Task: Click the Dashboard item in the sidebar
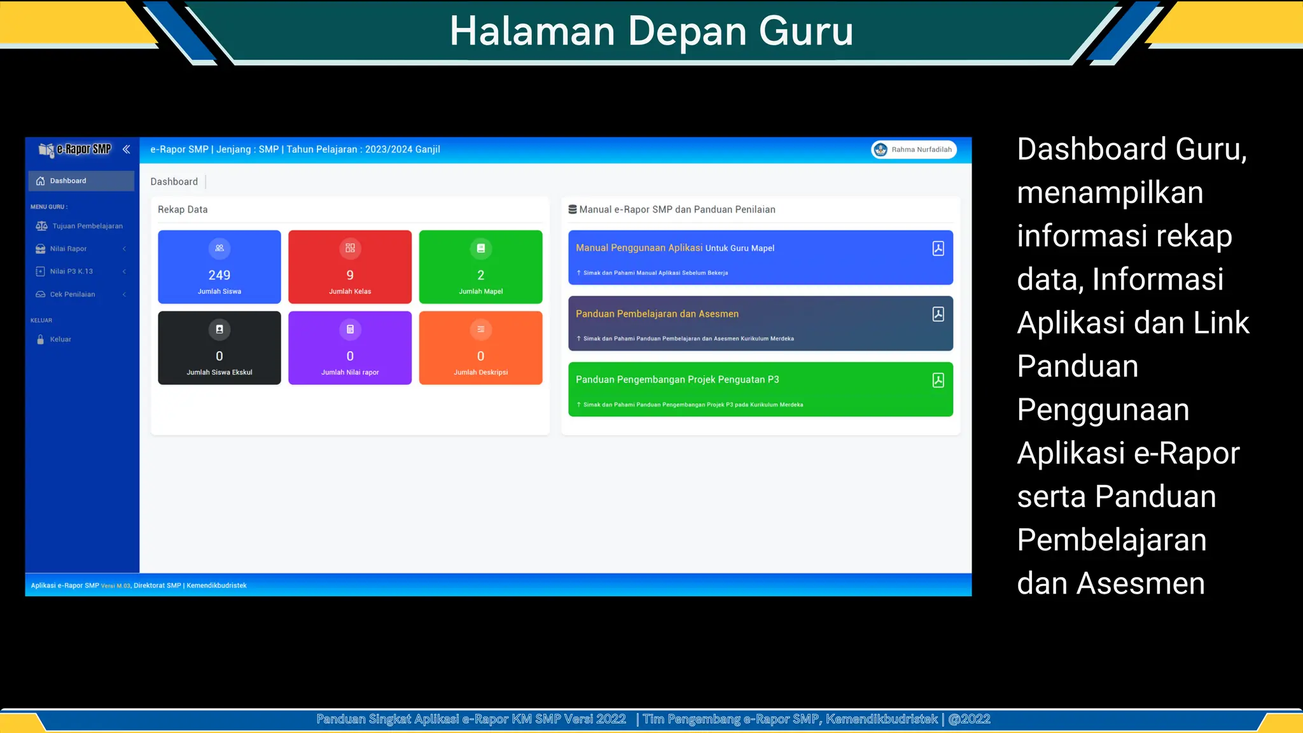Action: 68,181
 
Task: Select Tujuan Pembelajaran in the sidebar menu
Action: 87,226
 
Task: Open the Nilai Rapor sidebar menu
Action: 68,249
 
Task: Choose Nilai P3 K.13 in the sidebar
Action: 71,271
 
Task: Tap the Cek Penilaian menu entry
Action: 73,294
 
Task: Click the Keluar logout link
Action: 60,339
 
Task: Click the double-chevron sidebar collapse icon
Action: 126,149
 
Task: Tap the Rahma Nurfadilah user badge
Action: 914,150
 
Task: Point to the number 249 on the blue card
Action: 219,275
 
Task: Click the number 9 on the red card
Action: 350,275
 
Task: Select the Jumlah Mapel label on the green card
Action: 480,291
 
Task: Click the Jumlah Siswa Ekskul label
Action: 219,372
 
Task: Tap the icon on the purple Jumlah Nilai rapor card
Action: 350,329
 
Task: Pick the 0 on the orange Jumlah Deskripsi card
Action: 480,356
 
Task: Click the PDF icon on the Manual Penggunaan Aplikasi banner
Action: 938,248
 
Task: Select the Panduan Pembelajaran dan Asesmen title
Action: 657,314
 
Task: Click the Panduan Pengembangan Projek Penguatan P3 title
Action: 677,379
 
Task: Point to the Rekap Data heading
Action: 183,209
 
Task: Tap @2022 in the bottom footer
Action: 969,719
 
